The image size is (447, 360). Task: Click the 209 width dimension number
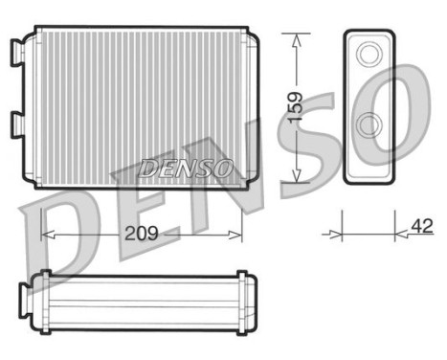click(141, 233)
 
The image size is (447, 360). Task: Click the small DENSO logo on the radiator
click(186, 168)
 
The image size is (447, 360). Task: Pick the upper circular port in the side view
click(368, 55)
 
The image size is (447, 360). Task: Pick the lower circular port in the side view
click(368, 126)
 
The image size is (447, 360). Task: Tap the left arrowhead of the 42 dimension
click(335, 231)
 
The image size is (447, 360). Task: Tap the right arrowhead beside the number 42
click(402, 231)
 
